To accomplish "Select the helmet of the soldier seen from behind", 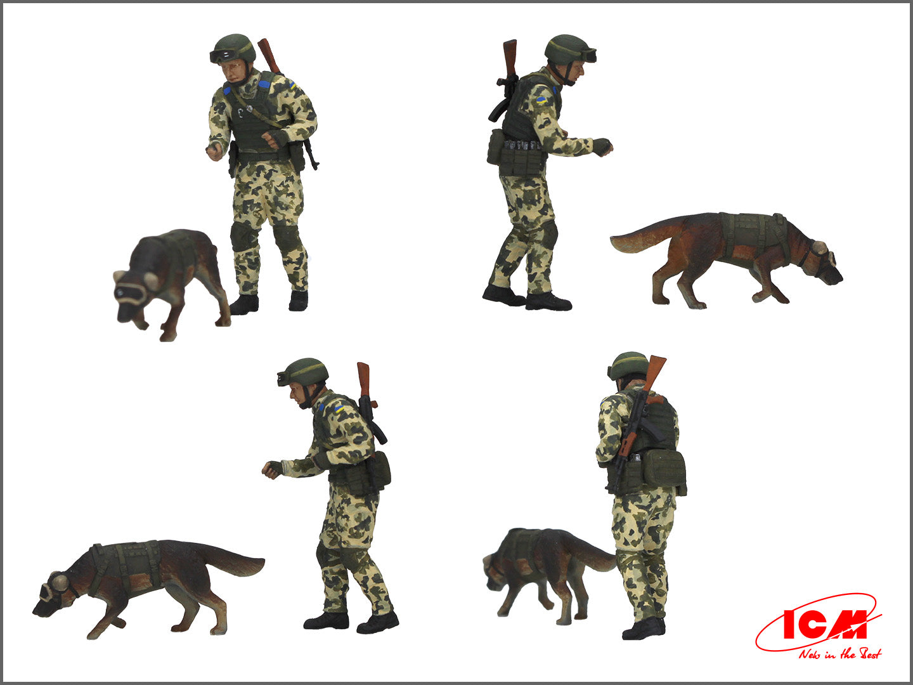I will tap(628, 365).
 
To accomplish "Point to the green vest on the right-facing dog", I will tap(754, 232).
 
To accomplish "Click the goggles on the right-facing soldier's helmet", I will tap(587, 56).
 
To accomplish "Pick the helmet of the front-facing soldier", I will tap(233, 48).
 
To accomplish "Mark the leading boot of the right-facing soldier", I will tap(548, 302).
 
